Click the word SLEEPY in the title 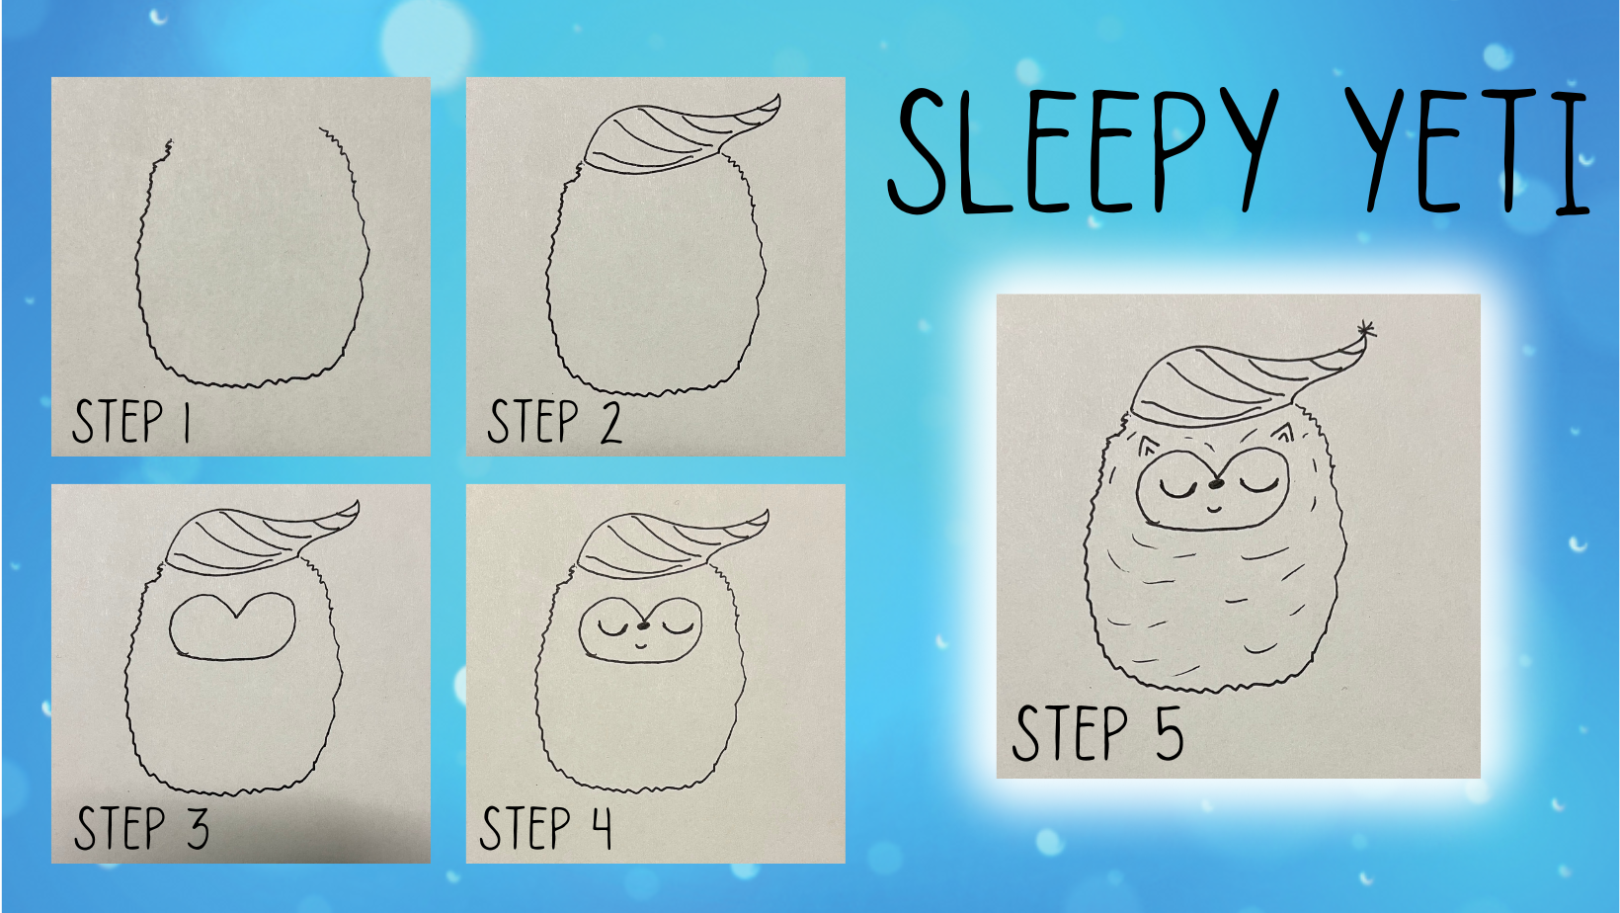pyautogui.click(x=1083, y=150)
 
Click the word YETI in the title pyautogui.click(x=1467, y=150)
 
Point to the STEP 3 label pyautogui.click(x=142, y=828)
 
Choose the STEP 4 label pyautogui.click(x=546, y=828)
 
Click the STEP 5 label pyautogui.click(x=1097, y=733)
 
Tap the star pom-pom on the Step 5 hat pyautogui.click(x=1365, y=330)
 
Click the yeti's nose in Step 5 pyautogui.click(x=1216, y=482)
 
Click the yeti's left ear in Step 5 pyautogui.click(x=1146, y=447)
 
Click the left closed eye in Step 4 pyautogui.click(x=613, y=630)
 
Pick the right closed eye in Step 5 pyautogui.click(x=1259, y=486)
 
